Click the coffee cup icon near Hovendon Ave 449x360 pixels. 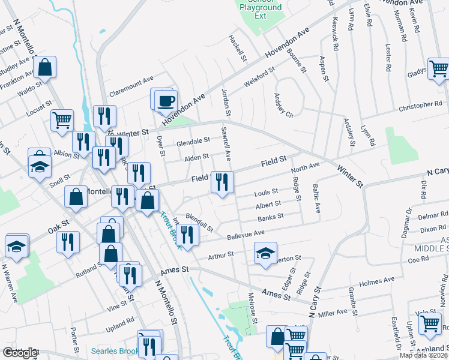[x=166, y=101]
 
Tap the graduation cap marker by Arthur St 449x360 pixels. [x=265, y=253]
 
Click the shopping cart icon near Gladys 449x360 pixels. [x=439, y=68]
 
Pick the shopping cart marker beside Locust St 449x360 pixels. [x=62, y=120]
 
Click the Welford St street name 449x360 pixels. [x=259, y=76]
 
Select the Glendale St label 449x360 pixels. [x=193, y=142]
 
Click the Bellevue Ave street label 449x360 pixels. [x=246, y=235]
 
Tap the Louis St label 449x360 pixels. [x=266, y=193]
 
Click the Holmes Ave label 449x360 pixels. [x=376, y=281]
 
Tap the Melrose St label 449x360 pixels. [x=253, y=308]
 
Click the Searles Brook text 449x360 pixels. [x=115, y=350]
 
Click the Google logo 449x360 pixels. [x=20, y=353]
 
